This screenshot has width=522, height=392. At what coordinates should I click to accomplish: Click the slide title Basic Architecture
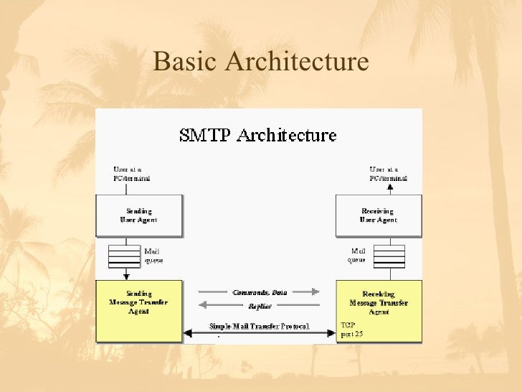pos(260,62)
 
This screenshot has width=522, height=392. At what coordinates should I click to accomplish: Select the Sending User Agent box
pos(139,215)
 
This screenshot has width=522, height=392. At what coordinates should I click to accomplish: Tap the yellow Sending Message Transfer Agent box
pos(138,302)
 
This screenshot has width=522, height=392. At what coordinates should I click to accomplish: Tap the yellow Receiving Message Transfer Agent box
pos(379,302)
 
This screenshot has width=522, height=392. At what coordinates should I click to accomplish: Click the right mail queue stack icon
pos(389,256)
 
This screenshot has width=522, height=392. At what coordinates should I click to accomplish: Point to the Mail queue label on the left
pos(154,256)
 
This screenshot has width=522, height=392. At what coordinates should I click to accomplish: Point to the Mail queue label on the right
pos(359,256)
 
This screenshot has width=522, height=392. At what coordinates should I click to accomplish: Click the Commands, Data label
pos(260,292)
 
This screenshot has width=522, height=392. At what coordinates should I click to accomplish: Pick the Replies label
pos(260,306)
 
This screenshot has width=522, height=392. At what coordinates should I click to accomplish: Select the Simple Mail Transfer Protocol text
pos(260,326)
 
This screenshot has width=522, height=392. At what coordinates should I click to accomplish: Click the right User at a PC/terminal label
pos(388,173)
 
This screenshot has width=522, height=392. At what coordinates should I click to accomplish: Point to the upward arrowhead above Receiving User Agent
pos(390,187)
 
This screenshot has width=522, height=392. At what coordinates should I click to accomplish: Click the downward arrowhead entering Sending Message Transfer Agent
pos(125,276)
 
